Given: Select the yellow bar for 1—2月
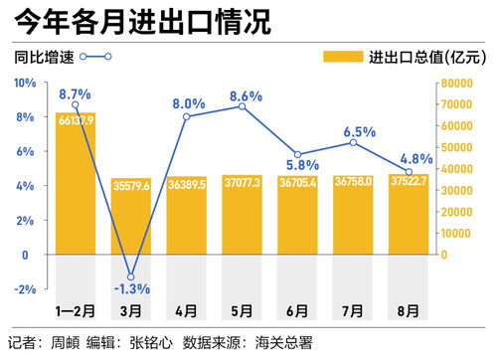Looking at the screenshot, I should (x=76, y=189).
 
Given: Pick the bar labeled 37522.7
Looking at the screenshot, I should (x=409, y=214).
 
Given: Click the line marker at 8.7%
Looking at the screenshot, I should (x=76, y=105).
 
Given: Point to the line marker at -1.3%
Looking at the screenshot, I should (x=130, y=276).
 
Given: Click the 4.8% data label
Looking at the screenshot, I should (x=414, y=157).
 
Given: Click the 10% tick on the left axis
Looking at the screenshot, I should (x=23, y=84).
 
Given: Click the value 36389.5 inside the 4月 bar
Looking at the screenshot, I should (x=186, y=184).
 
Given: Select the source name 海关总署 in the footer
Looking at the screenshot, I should (x=282, y=344).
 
